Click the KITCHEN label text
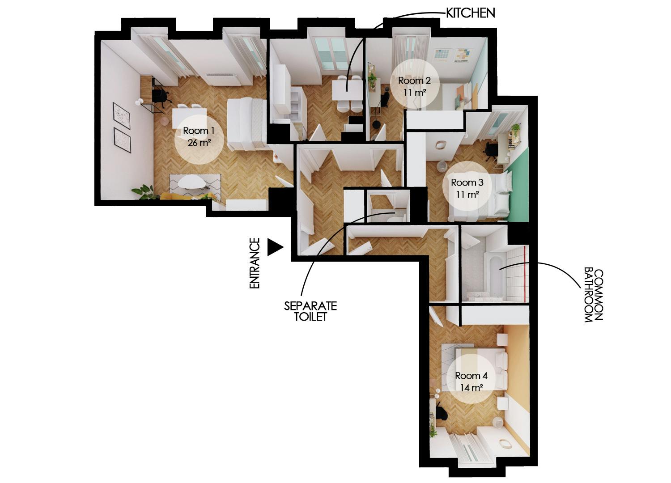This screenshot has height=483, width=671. click(x=471, y=13)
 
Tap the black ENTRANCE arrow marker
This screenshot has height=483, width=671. click(x=275, y=247)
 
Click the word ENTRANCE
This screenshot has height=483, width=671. click(x=255, y=263)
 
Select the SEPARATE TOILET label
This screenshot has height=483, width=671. click(x=310, y=311)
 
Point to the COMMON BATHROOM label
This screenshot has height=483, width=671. click(x=594, y=295)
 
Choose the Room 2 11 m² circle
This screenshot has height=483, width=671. click(x=414, y=86)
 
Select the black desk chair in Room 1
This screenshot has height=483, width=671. click(x=160, y=96)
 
